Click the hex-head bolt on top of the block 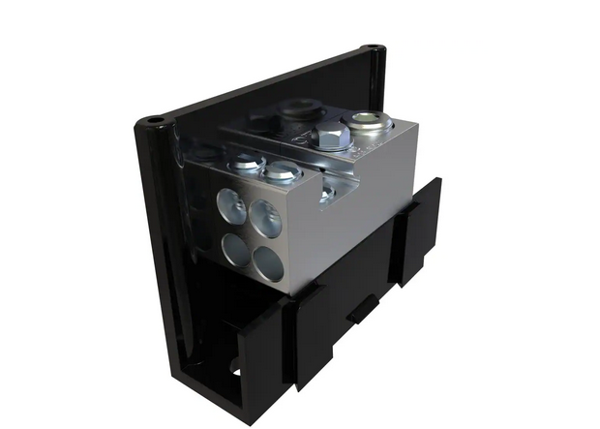click(332, 136)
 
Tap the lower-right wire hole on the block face click(268, 263)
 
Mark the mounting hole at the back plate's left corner click(153, 122)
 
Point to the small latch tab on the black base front click(359, 310)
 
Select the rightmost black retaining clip click(421, 228)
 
